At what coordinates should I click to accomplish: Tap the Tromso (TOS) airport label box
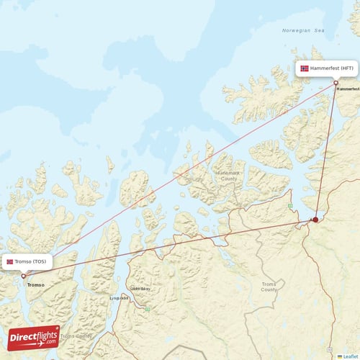click(27, 261)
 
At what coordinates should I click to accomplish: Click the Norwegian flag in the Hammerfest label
click(305, 68)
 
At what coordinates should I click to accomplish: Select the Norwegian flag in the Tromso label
click(10, 261)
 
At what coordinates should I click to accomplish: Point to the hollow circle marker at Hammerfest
click(336, 83)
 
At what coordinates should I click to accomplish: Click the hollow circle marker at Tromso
click(24, 276)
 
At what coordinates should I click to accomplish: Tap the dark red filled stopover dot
click(315, 219)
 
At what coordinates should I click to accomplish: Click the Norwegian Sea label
click(303, 31)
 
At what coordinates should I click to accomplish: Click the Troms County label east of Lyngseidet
click(269, 286)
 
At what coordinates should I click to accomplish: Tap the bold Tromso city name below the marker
click(35, 285)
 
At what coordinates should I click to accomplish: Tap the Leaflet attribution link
click(351, 356)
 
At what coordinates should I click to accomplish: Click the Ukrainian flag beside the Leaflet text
click(340, 356)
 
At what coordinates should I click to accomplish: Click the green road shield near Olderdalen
click(147, 309)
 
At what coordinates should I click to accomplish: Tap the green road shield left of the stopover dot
click(290, 206)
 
